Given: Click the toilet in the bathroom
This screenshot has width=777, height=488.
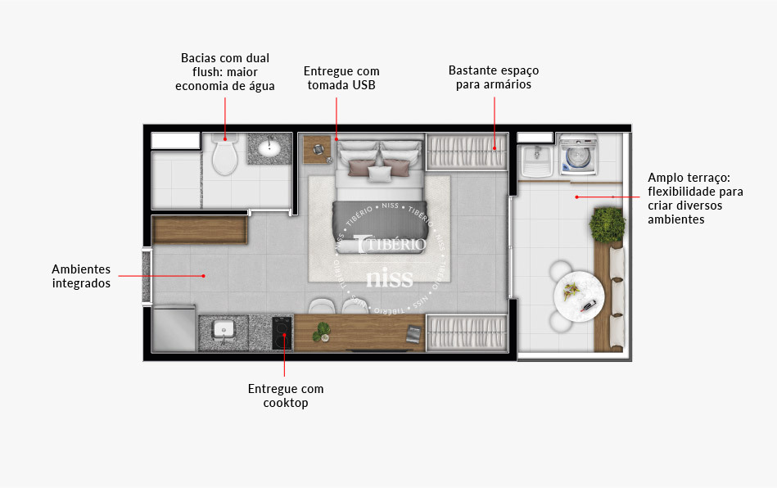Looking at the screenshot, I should click(x=224, y=156).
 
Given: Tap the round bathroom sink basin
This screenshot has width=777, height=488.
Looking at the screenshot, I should click(x=269, y=147).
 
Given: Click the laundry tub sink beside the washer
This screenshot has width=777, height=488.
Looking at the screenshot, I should click(x=536, y=155).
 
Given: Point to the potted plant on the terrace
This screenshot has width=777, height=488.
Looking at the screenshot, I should click(x=607, y=224).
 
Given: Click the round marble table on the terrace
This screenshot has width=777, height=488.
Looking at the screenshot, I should click(x=578, y=297).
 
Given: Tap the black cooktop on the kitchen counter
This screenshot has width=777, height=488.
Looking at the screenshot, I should click(x=282, y=332).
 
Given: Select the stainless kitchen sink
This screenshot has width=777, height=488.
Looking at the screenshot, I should click(x=224, y=331).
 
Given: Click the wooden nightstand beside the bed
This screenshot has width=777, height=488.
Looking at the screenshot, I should click(x=316, y=149).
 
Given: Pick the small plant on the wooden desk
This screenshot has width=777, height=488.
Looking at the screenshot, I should click(x=322, y=331).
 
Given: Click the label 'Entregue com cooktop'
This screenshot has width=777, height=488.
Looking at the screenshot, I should click(x=286, y=395).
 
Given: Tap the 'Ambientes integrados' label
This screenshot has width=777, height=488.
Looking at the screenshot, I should click(x=81, y=276).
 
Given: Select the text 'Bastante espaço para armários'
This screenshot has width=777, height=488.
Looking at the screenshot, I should click(x=494, y=77).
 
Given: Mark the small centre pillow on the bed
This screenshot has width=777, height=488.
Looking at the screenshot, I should click(x=380, y=173).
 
